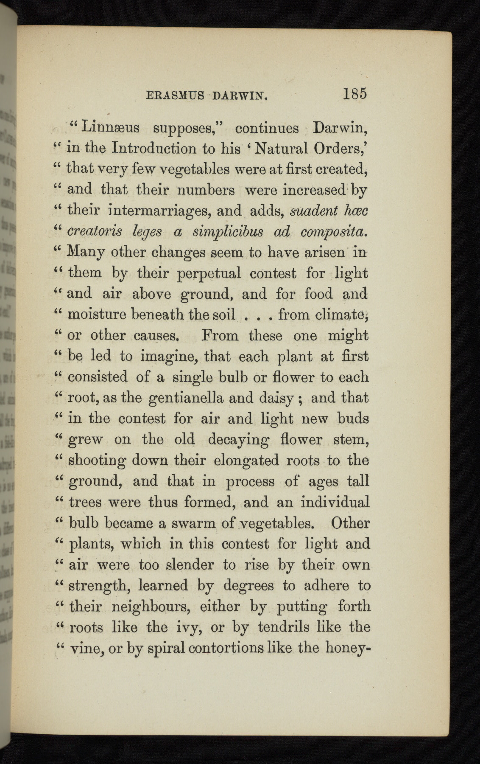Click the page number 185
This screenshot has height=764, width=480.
(x=355, y=93)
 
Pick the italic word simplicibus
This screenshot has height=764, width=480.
(x=228, y=231)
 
